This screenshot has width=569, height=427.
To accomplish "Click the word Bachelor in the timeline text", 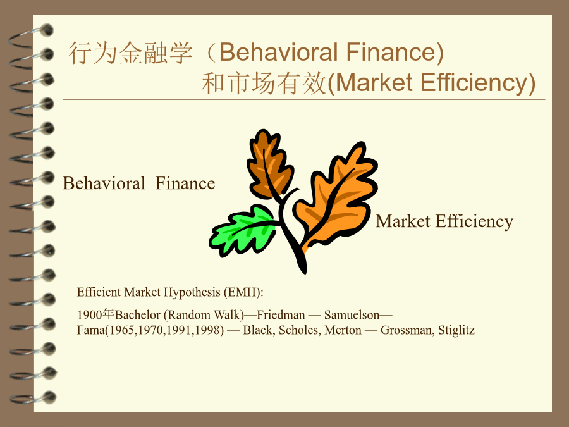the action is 138,315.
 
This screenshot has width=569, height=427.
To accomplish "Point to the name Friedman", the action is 281,315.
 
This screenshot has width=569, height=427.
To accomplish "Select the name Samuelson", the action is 352,315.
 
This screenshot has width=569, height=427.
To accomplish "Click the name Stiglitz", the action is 456,330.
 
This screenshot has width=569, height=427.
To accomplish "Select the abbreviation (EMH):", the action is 243,292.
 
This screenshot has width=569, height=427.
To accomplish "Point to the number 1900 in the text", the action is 89,315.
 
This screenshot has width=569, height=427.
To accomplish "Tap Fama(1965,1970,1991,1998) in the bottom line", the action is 150,330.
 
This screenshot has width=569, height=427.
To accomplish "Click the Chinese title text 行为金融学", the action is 130,53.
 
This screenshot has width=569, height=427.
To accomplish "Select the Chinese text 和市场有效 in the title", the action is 264,83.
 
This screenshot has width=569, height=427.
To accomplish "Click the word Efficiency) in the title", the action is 478,83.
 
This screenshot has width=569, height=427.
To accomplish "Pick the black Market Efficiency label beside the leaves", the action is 444,221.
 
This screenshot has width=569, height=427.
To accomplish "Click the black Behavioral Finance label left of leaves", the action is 139,183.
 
